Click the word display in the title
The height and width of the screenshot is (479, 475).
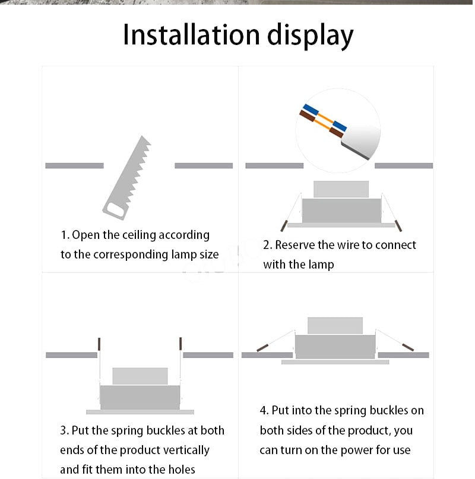[309, 36]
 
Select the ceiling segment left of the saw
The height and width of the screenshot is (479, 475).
[74, 165]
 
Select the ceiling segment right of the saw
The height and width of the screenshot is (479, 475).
[204, 165]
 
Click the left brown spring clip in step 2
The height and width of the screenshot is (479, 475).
[284, 226]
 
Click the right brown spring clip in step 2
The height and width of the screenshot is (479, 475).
[399, 226]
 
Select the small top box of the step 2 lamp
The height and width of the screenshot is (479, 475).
[341, 189]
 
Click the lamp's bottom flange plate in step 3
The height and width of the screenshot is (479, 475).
[140, 411]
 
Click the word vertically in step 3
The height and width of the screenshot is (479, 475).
[184, 450]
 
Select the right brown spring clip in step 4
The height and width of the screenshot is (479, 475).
[407, 347]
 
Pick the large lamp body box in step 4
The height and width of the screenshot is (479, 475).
[335, 346]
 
